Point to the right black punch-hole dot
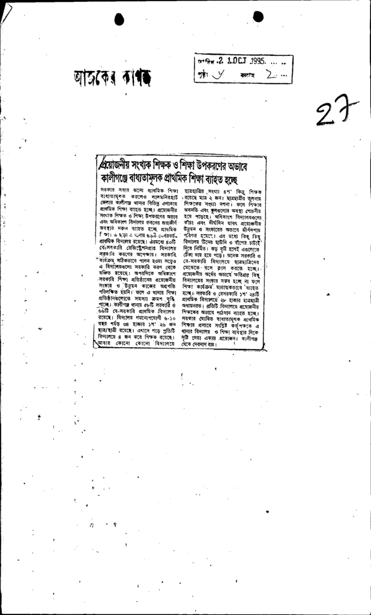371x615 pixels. click(258, 16)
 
